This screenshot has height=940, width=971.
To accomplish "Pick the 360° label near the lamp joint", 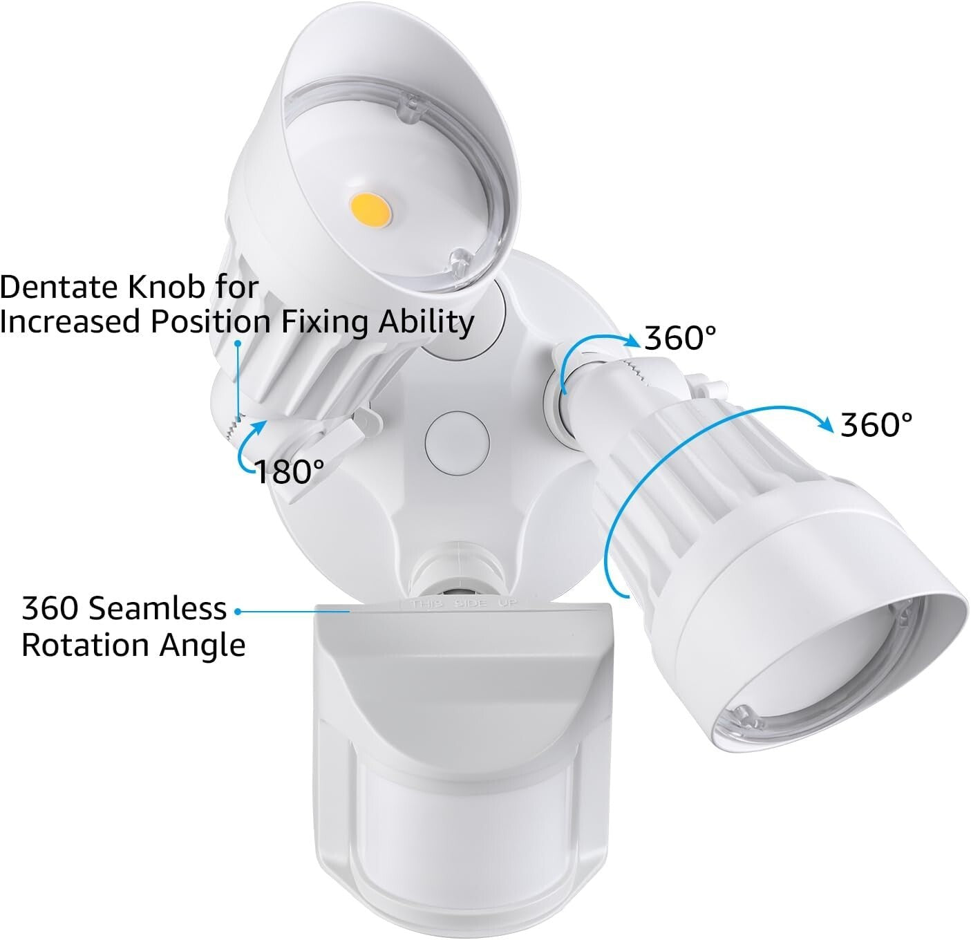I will pyautogui.click(x=680, y=338).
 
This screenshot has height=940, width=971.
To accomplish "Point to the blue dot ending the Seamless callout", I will pyautogui.click(x=238, y=611).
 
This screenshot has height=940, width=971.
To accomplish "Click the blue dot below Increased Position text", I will pyautogui.click(x=238, y=343).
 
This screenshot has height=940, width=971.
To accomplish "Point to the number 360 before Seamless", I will pyautogui.click(x=49, y=609).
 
